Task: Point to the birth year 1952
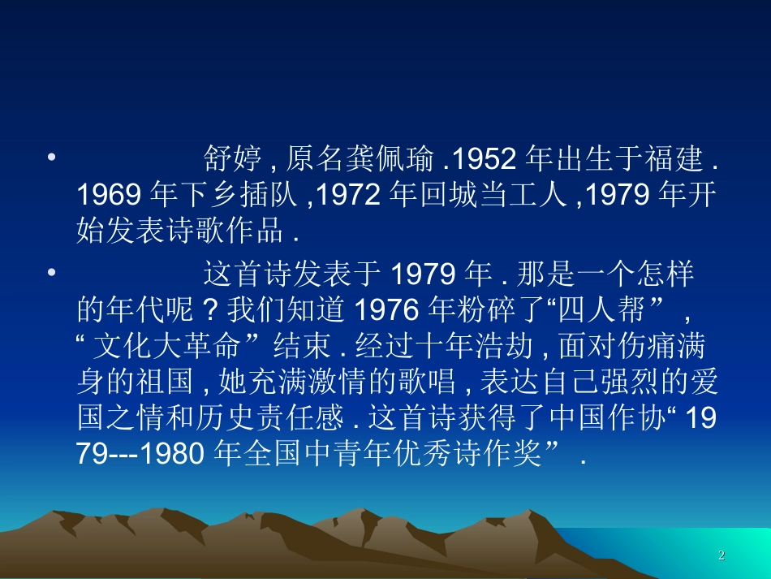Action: point(488,159)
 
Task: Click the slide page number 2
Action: point(721,555)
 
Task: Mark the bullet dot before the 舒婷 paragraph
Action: point(51,154)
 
